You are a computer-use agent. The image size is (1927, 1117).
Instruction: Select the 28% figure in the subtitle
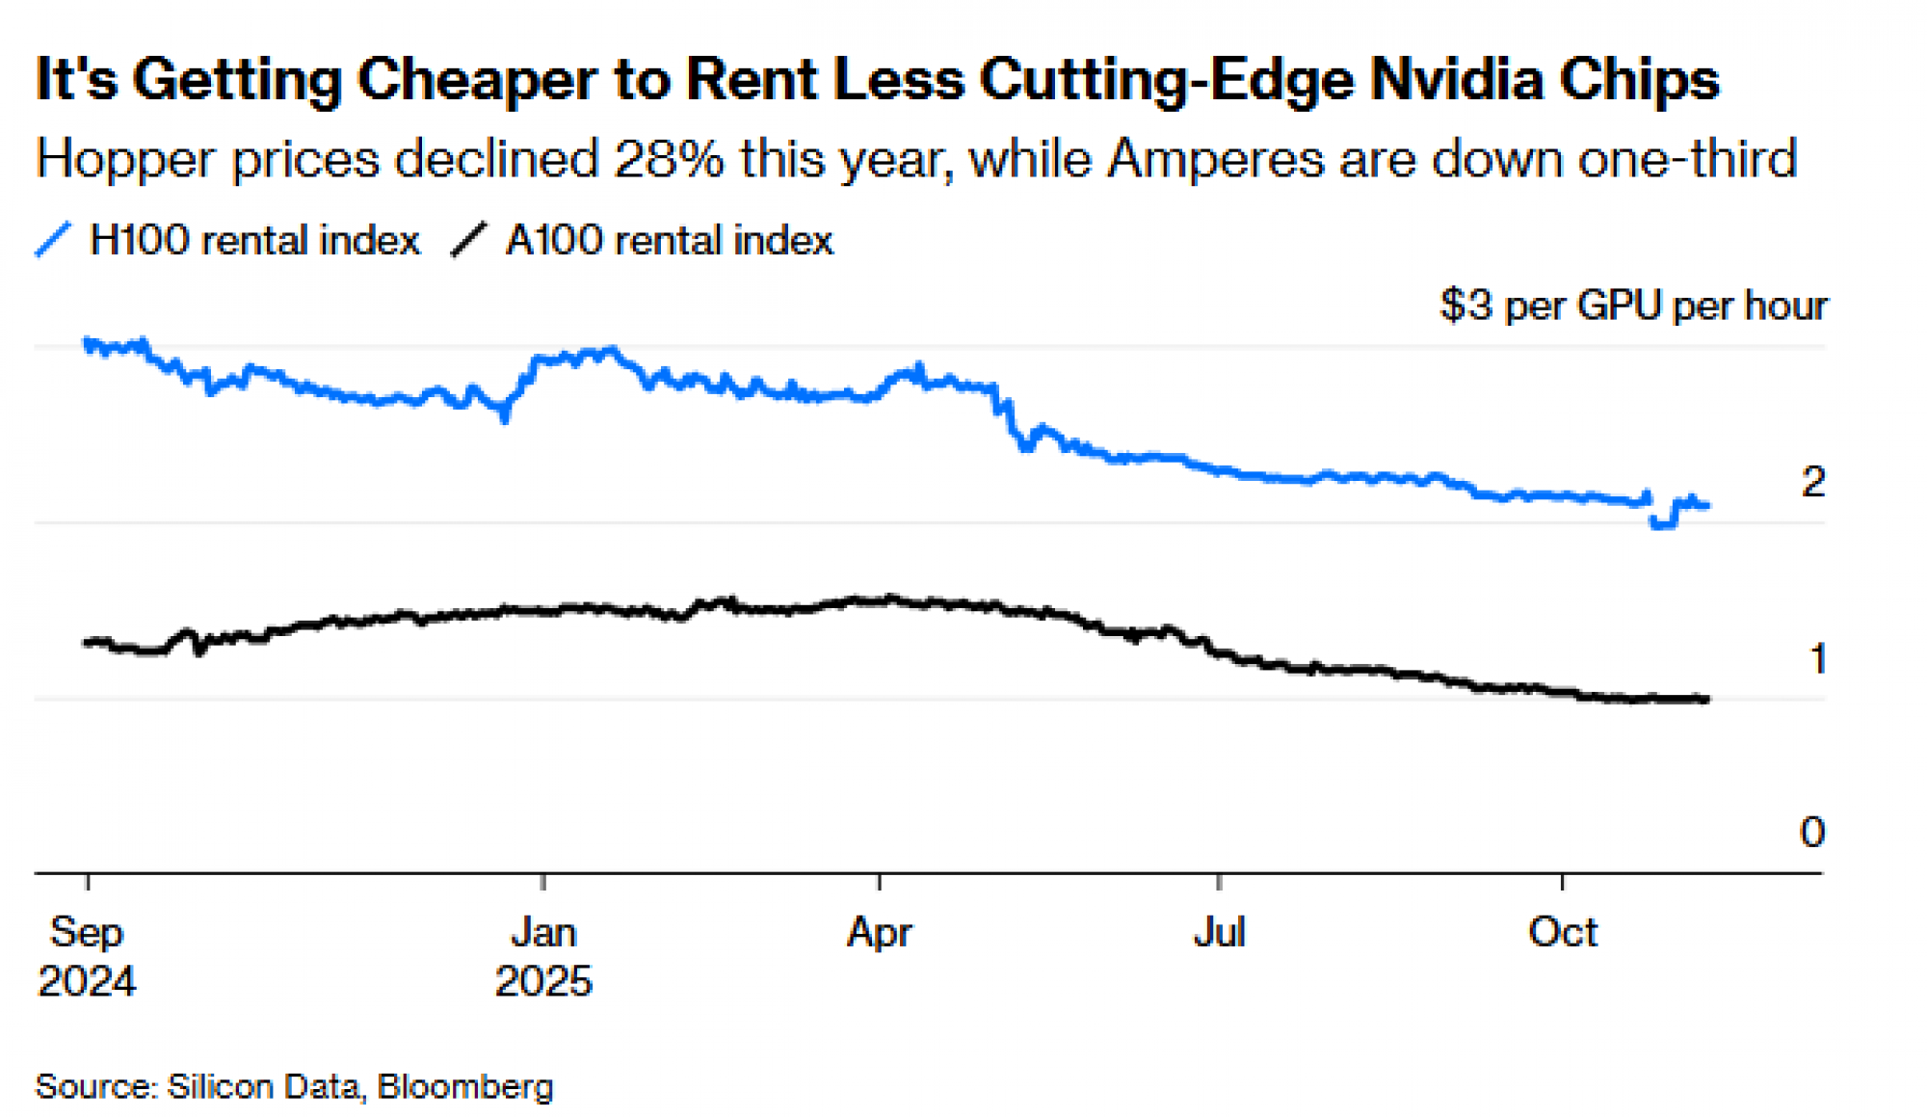click(x=669, y=158)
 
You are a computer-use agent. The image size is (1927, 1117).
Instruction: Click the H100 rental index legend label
click(x=254, y=240)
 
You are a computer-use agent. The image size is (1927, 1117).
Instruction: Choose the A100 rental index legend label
click(x=669, y=240)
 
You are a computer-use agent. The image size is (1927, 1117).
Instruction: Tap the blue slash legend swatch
click(x=53, y=239)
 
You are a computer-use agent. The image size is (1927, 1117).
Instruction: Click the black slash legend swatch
click(x=469, y=239)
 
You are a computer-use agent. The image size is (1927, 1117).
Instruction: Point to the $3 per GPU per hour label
click(x=1633, y=306)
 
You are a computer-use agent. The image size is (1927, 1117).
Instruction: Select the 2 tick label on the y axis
click(x=1812, y=481)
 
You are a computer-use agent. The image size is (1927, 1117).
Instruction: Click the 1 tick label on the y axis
click(x=1817, y=659)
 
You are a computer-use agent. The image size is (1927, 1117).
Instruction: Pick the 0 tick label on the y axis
click(x=1812, y=832)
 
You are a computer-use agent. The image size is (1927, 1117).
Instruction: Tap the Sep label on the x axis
click(x=87, y=932)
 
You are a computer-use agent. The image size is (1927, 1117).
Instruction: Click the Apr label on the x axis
click(x=879, y=932)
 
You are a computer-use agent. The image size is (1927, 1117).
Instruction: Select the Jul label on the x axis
click(x=1220, y=932)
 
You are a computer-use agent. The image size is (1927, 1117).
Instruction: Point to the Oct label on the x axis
click(x=1563, y=932)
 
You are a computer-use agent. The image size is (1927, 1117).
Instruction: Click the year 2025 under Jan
click(x=543, y=981)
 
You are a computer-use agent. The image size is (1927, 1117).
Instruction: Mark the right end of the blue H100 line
click(x=1707, y=505)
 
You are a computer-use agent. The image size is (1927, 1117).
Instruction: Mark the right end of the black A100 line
click(x=1707, y=699)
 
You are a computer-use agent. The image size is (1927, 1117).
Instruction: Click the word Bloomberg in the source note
click(x=465, y=1086)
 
